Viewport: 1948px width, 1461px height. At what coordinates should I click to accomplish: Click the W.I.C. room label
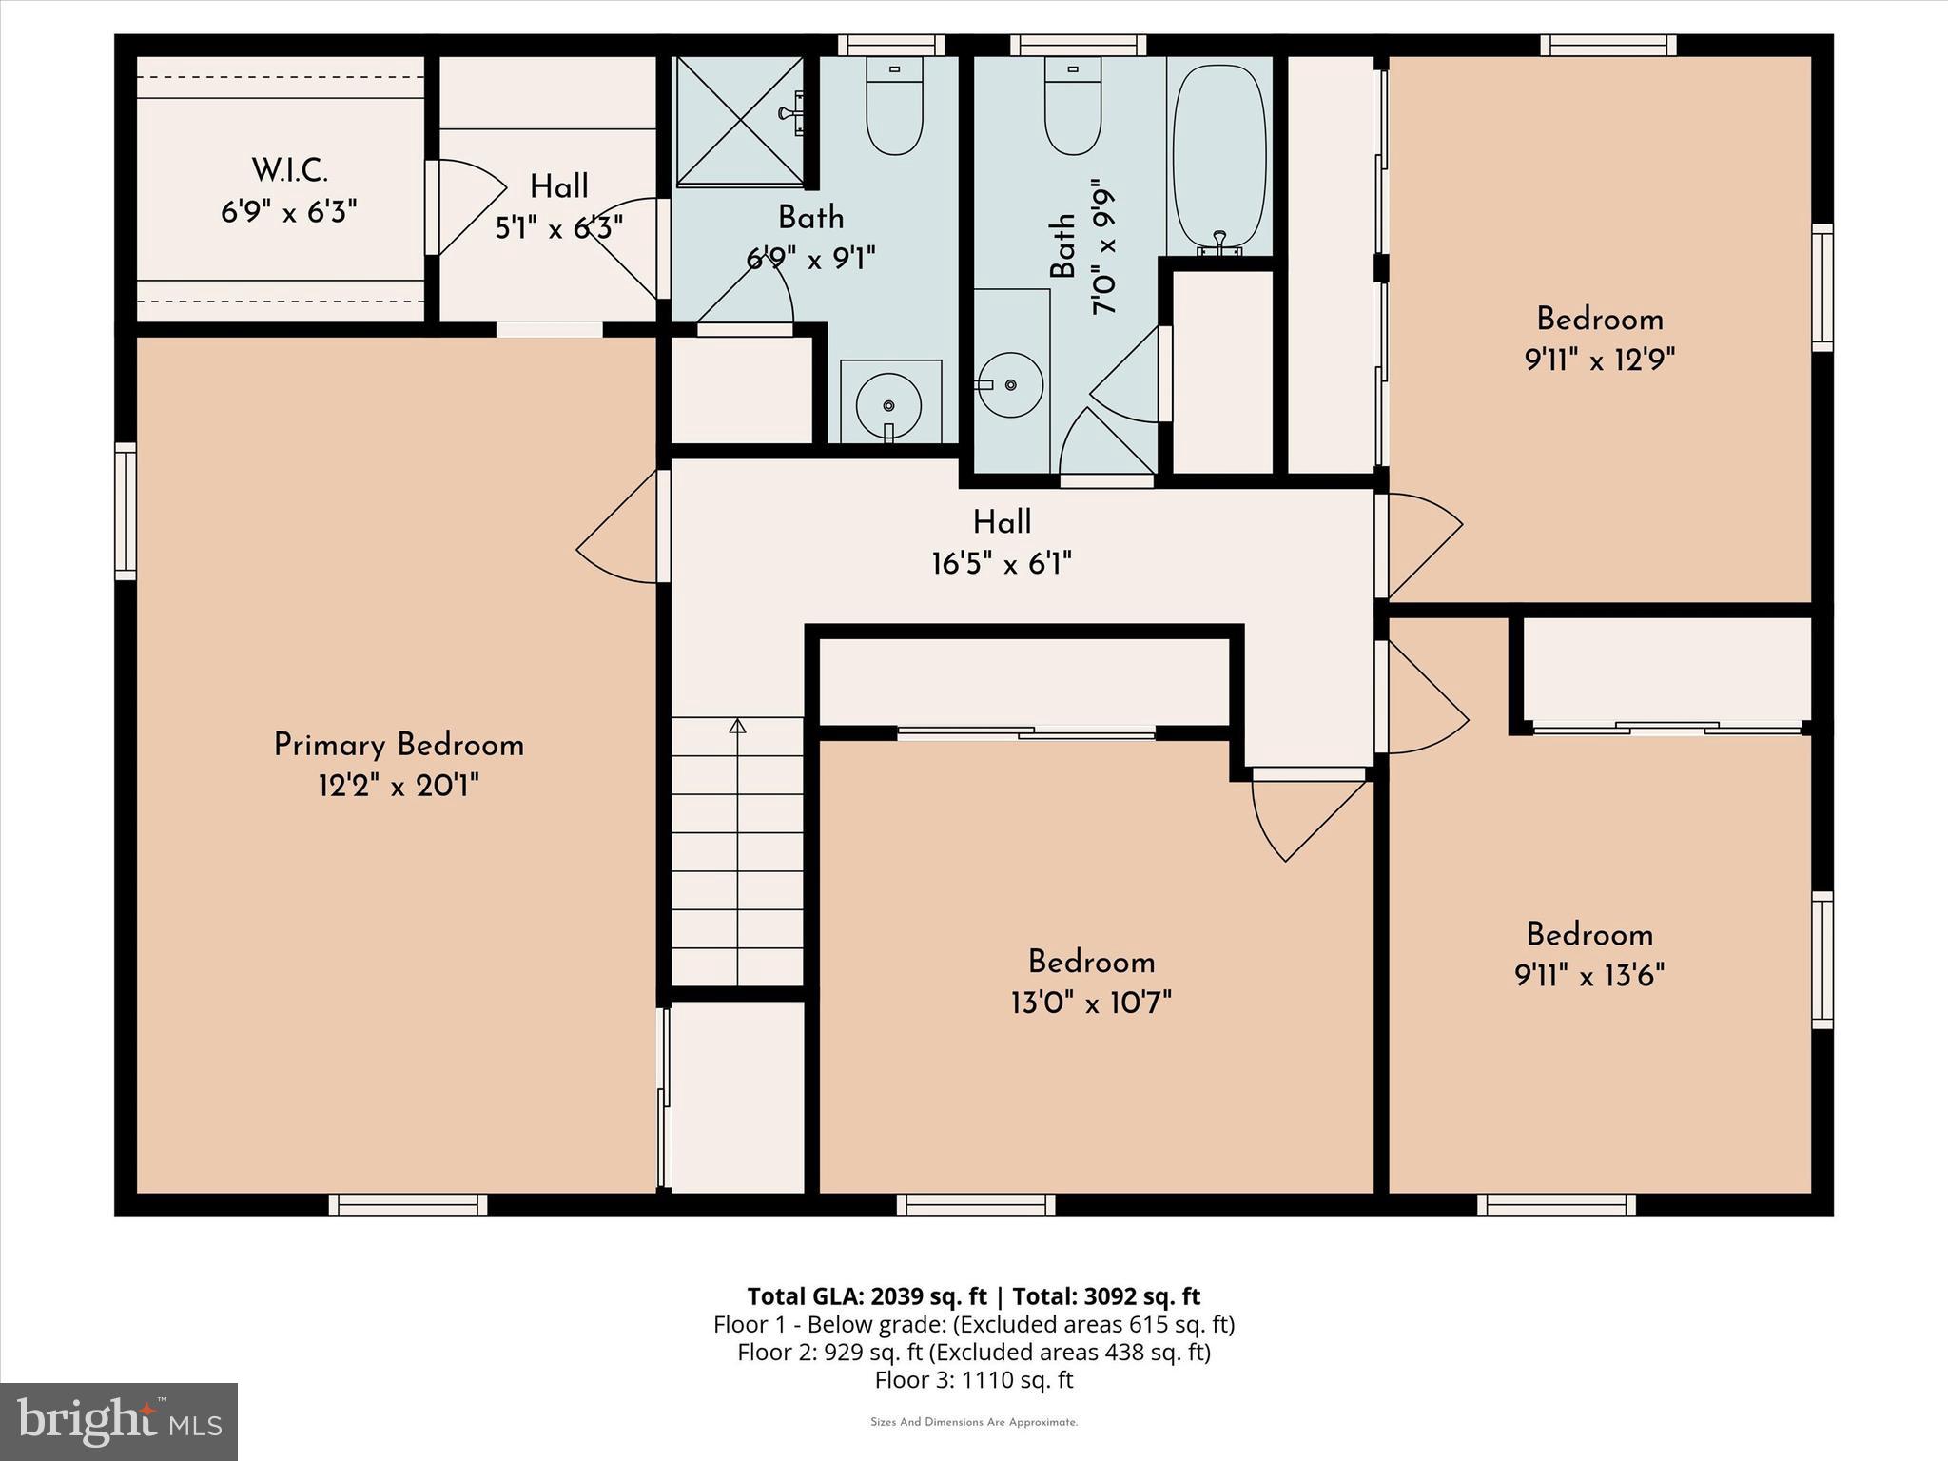289,171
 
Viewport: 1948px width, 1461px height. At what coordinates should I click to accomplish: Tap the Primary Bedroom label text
399,745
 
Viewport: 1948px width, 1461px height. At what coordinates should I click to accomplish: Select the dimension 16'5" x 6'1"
1001,564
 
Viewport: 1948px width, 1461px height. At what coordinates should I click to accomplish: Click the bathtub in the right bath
1219,157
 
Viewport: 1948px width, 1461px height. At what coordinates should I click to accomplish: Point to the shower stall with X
739,120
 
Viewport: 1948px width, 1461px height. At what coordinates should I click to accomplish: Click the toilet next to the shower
894,107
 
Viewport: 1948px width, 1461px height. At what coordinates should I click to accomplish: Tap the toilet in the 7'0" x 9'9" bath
1073,107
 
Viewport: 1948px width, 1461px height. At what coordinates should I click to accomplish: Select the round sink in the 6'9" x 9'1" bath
888,404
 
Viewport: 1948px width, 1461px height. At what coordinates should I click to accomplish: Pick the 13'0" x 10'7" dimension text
1091,1003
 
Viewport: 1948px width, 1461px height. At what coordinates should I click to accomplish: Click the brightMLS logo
119,1422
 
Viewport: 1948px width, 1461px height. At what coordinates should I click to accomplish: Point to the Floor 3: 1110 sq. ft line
973,1379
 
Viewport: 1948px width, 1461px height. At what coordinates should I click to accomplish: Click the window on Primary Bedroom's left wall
126,511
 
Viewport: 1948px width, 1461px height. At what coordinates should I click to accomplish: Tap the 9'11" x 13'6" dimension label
1589,976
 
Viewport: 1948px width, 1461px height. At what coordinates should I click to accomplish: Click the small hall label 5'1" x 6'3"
558,228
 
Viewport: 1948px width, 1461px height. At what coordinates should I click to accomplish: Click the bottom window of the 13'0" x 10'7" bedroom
976,1205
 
